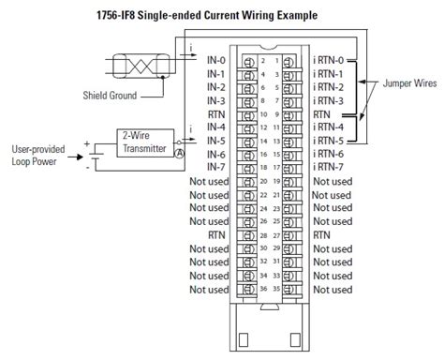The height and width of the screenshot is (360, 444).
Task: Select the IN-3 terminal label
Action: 217,99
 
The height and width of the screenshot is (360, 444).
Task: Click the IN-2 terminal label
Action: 217,86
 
